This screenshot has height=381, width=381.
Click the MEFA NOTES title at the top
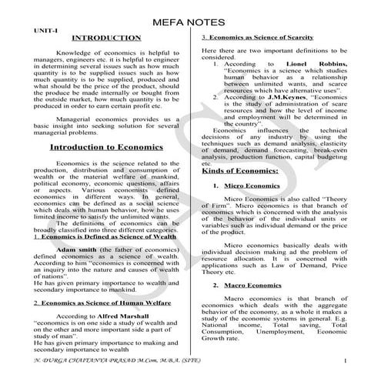pos(190,22)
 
